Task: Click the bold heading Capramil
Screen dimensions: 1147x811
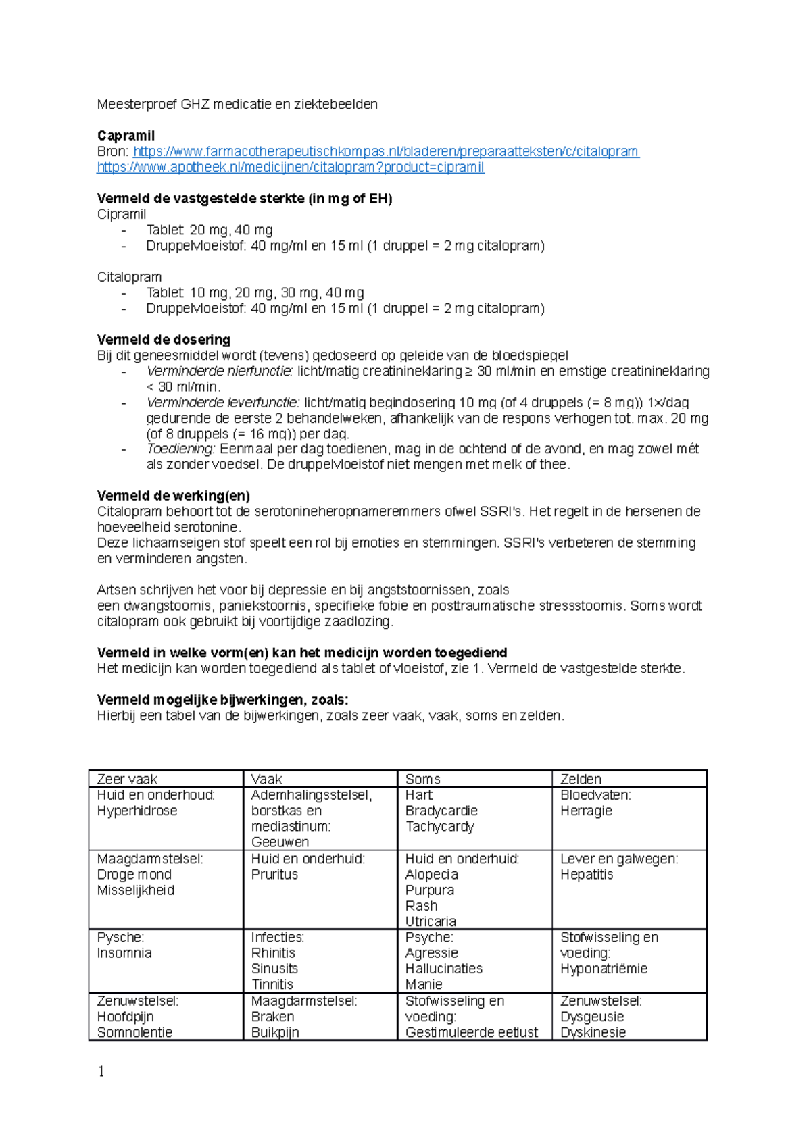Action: [126, 136]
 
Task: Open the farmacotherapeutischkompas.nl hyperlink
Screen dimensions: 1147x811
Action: [386, 151]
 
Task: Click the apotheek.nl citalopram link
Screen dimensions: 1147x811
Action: [291, 167]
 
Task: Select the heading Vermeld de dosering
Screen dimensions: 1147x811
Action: [164, 339]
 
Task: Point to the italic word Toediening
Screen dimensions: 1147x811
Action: [180, 449]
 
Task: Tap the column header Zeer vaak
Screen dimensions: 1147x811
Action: [127, 779]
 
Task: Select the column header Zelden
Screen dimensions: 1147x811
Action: [581, 779]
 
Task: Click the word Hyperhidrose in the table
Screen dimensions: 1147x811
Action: [137, 811]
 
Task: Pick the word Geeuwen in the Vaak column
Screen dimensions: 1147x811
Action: [280, 842]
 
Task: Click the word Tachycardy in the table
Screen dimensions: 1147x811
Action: [439, 826]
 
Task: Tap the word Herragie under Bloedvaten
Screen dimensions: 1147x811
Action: [586, 811]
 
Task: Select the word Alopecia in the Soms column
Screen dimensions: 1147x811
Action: [431, 874]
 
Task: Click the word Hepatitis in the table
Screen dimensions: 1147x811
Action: [587, 874]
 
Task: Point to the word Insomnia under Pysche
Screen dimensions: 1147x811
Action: [124, 953]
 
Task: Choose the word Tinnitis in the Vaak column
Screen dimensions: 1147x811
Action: [272, 984]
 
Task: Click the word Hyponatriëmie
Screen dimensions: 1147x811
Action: [604, 969]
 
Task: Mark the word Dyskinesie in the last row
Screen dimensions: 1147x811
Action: [593, 1032]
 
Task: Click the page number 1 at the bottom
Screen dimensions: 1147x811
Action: [101, 1071]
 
